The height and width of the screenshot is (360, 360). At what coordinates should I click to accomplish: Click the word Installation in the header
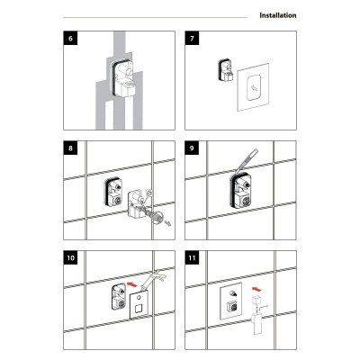[x=278, y=15]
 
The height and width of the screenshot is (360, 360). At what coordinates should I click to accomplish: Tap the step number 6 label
[x=70, y=38]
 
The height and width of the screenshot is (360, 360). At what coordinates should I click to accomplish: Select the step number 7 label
[x=192, y=38]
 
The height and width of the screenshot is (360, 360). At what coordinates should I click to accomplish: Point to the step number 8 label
[x=70, y=148]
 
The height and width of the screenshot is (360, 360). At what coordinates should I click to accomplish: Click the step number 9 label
[x=192, y=148]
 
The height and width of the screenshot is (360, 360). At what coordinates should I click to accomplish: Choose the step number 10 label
[x=70, y=257]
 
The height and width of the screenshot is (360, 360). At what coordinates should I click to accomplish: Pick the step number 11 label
[x=192, y=257]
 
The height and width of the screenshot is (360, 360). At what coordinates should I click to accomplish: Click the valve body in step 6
[x=123, y=77]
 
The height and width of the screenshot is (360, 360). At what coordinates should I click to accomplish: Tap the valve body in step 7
[x=226, y=70]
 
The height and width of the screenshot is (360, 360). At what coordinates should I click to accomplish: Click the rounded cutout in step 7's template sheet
[x=253, y=87]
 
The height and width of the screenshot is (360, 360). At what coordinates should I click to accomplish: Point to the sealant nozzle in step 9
[x=247, y=160]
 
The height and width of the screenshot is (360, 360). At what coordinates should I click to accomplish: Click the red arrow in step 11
[x=256, y=289]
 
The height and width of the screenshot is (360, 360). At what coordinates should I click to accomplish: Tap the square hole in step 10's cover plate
[x=138, y=309]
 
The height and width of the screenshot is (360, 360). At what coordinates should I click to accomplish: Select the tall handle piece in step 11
[x=257, y=323]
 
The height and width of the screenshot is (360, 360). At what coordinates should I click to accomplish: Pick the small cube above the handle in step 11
[x=256, y=300]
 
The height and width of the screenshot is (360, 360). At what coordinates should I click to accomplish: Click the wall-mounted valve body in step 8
[x=112, y=193]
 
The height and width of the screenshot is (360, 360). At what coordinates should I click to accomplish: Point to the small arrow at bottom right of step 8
[x=169, y=223]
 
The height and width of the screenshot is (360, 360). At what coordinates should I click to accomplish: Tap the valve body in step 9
[x=240, y=191]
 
